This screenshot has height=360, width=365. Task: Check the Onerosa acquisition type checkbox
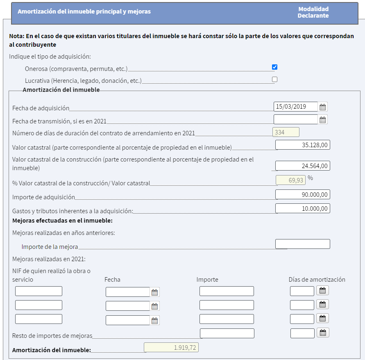(274, 67)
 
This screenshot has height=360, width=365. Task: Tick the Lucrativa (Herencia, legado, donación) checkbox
(274, 79)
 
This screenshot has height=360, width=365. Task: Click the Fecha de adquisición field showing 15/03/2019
(295, 107)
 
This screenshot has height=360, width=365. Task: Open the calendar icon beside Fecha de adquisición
(323, 107)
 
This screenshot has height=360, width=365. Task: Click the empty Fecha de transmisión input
(295, 119)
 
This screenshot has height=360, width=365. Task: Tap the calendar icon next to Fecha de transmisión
(323, 120)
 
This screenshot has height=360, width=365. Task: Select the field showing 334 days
(286, 132)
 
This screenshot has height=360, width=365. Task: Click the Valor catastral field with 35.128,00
(302, 145)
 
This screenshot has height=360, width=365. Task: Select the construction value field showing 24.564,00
(302, 166)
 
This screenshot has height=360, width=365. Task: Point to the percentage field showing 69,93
(290, 180)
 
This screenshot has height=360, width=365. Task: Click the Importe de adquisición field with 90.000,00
(302, 194)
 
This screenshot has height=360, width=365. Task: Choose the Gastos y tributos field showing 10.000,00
(302, 208)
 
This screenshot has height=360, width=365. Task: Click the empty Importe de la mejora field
(302, 244)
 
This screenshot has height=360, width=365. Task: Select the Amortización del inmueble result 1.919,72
(171, 347)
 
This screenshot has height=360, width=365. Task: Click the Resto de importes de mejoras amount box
(227, 333)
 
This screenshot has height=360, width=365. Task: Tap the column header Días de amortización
(317, 280)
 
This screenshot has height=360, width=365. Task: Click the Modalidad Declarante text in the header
(313, 12)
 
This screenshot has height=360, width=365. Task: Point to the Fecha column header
(112, 280)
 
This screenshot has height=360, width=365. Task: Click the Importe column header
(207, 280)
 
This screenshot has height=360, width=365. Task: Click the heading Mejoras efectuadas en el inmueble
(62, 221)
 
